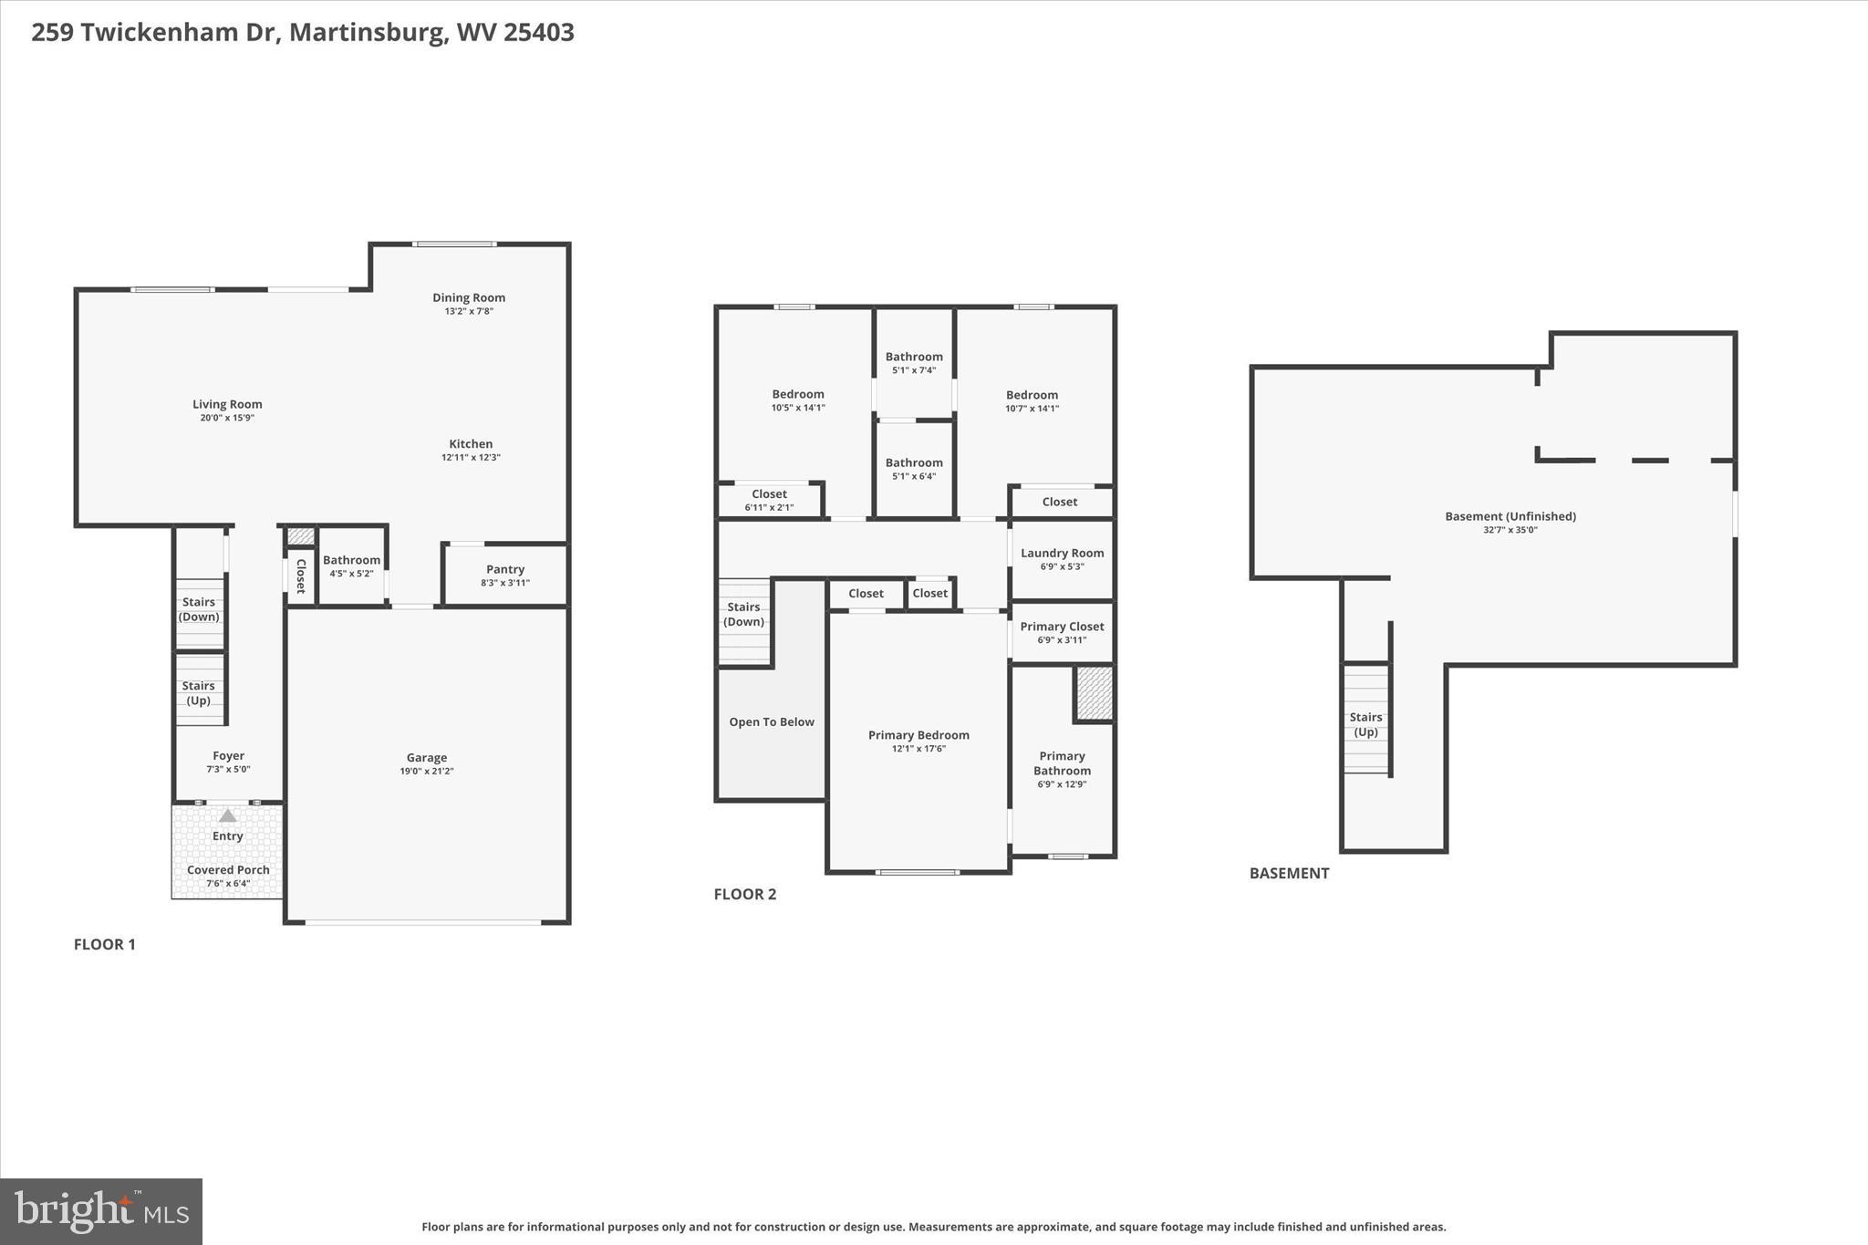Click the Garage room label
[427, 757]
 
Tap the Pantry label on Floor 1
[505, 569]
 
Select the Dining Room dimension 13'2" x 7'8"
[469, 311]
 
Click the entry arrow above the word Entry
[227, 815]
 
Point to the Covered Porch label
[228, 869]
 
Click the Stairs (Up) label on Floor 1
[199, 693]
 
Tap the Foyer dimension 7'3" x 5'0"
[228, 769]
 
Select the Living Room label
[227, 404]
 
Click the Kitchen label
[471, 444]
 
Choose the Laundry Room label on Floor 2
[1062, 553]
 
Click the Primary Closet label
[1062, 627]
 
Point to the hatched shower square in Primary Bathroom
[1095, 693]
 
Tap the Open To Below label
[771, 721]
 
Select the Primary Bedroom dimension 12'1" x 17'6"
[918, 749]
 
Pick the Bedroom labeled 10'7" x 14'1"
[1032, 395]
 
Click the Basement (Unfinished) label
[1510, 516]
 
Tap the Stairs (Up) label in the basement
[1365, 724]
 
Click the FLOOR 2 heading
[744, 894]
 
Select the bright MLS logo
[101, 1211]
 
